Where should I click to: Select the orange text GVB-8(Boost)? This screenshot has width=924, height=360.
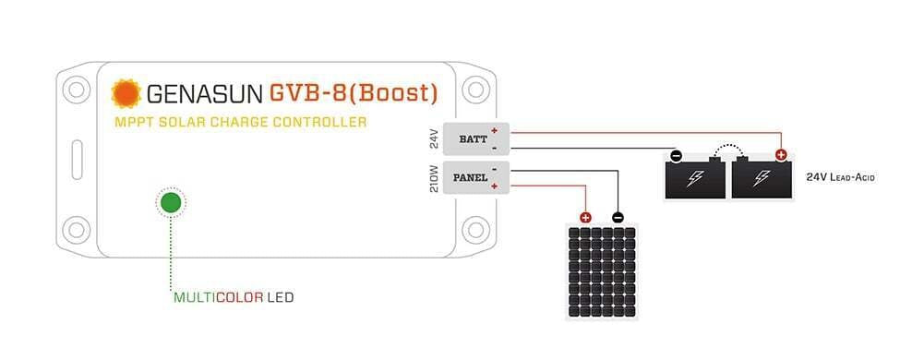tap(353, 93)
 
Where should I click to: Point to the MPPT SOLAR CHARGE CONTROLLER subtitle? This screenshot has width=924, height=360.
tap(240, 122)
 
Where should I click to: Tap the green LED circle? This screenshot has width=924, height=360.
tap(170, 202)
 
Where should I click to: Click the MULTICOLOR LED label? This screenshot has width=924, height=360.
tap(234, 298)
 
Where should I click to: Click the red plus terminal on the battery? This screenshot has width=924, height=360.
tap(781, 156)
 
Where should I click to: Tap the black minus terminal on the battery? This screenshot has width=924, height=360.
tap(677, 156)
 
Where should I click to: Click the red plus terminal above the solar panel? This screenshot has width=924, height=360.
tap(585, 218)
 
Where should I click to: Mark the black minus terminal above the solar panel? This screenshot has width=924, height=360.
tap(618, 218)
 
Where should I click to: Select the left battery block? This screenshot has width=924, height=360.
tap(695, 179)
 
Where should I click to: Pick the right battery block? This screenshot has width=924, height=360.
tap(762, 179)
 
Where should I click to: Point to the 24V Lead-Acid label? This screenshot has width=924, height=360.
tap(840, 175)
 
